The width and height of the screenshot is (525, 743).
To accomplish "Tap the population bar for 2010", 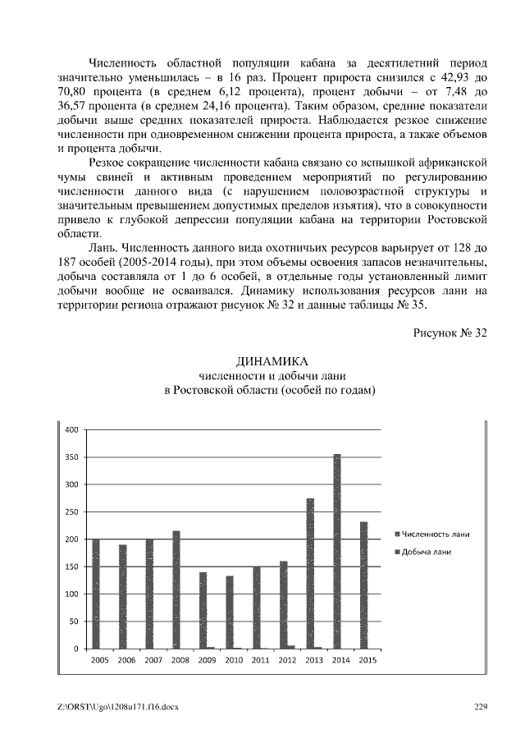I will (x=230, y=612).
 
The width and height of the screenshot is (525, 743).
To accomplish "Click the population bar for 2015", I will (x=363, y=585).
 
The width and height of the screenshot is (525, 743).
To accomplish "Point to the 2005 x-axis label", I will (x=100, y=659).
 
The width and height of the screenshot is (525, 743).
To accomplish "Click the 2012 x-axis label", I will (x=287, y=659).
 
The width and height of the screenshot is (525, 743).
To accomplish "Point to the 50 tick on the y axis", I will (x=73, y=621).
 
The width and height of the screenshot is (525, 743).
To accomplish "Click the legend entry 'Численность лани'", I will (x=435, y=534).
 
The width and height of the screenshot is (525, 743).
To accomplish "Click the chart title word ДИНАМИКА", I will (x=271, y=362).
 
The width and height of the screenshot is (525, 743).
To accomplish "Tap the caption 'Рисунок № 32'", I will (x=447, y=333).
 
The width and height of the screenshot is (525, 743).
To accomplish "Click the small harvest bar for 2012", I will (x=291, y=646).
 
